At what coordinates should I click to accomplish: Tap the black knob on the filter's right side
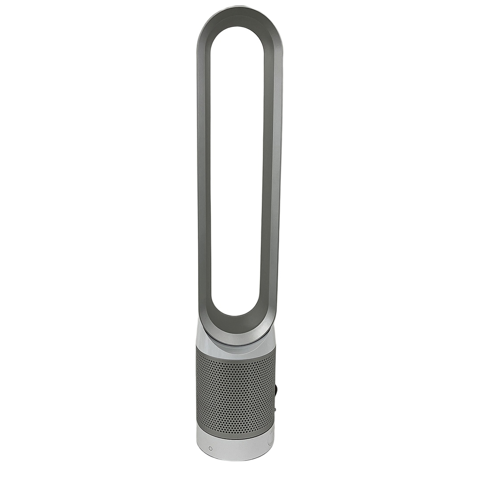click(276, 392)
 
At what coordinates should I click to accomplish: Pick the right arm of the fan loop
click(272, 178)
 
